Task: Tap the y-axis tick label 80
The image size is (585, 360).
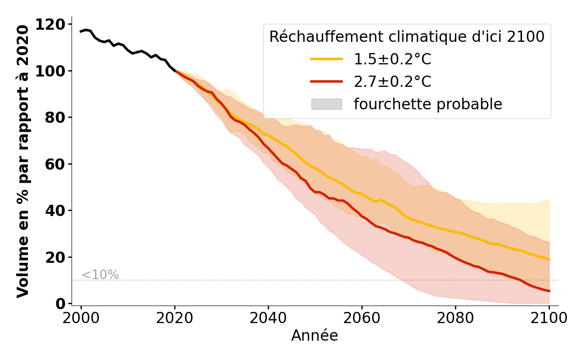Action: coord(56,117)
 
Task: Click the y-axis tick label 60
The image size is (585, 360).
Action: coord(56,164)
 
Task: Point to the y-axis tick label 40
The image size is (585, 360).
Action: coord(56,211)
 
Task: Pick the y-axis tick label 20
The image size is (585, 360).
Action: coord(56,257)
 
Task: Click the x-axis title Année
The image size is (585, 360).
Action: coord(315,336)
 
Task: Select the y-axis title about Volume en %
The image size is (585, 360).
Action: coord(23,161)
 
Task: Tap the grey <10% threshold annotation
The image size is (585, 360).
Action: coord(100,275)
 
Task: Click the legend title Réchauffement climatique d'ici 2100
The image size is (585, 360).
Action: coord(407,37)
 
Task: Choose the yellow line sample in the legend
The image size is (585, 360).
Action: coord(327,59)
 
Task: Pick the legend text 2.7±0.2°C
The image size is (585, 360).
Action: coord(392,82)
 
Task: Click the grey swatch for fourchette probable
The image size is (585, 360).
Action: coord(327,104)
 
